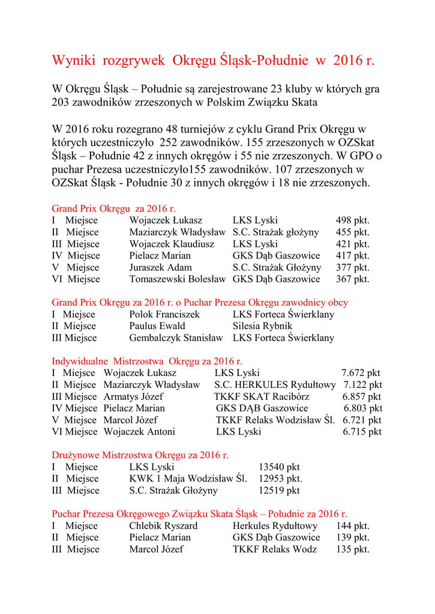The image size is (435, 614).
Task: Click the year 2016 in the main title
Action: (348, 61)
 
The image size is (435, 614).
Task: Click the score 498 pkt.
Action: (352, 221)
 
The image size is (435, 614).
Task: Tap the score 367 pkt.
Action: (352, 279)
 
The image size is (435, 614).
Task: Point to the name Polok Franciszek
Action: (164, 314)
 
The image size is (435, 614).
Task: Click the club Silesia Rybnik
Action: (262, 326)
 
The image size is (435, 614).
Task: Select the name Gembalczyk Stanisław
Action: (176, 338)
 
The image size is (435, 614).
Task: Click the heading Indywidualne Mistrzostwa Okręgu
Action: (147, 361)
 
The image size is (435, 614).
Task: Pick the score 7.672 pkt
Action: (361, 373)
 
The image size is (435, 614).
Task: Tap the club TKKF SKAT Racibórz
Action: (262, 396)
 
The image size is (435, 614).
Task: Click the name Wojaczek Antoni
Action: (139, 432)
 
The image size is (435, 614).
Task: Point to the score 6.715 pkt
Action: (362, 432)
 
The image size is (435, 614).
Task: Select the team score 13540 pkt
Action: (279, 467)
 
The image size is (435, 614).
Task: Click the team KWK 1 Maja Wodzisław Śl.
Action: (188, 478)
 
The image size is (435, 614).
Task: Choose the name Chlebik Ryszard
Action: (163, 526)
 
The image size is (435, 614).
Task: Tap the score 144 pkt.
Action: (352, 526)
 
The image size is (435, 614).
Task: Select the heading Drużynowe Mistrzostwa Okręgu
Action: (140, 455)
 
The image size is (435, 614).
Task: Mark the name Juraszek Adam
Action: (161, 267)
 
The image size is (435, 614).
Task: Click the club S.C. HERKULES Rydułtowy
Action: (275, 384)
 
